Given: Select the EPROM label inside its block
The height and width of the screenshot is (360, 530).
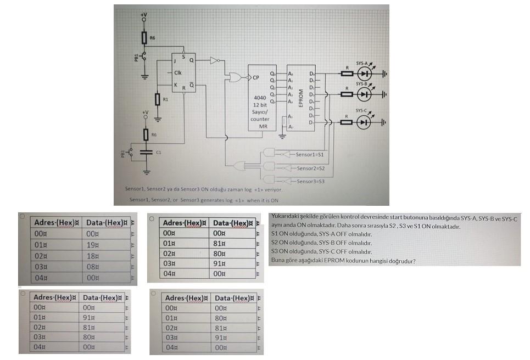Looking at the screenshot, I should (x=300, y=98).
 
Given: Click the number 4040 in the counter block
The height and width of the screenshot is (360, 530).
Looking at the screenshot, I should (x=259, y=98).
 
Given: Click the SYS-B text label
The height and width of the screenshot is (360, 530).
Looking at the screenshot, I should (x=362, y=84).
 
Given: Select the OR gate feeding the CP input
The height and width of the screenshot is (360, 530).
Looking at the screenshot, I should (x=236, y=77).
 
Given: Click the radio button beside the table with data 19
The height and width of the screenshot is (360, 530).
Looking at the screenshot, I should (x=23, y=217).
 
